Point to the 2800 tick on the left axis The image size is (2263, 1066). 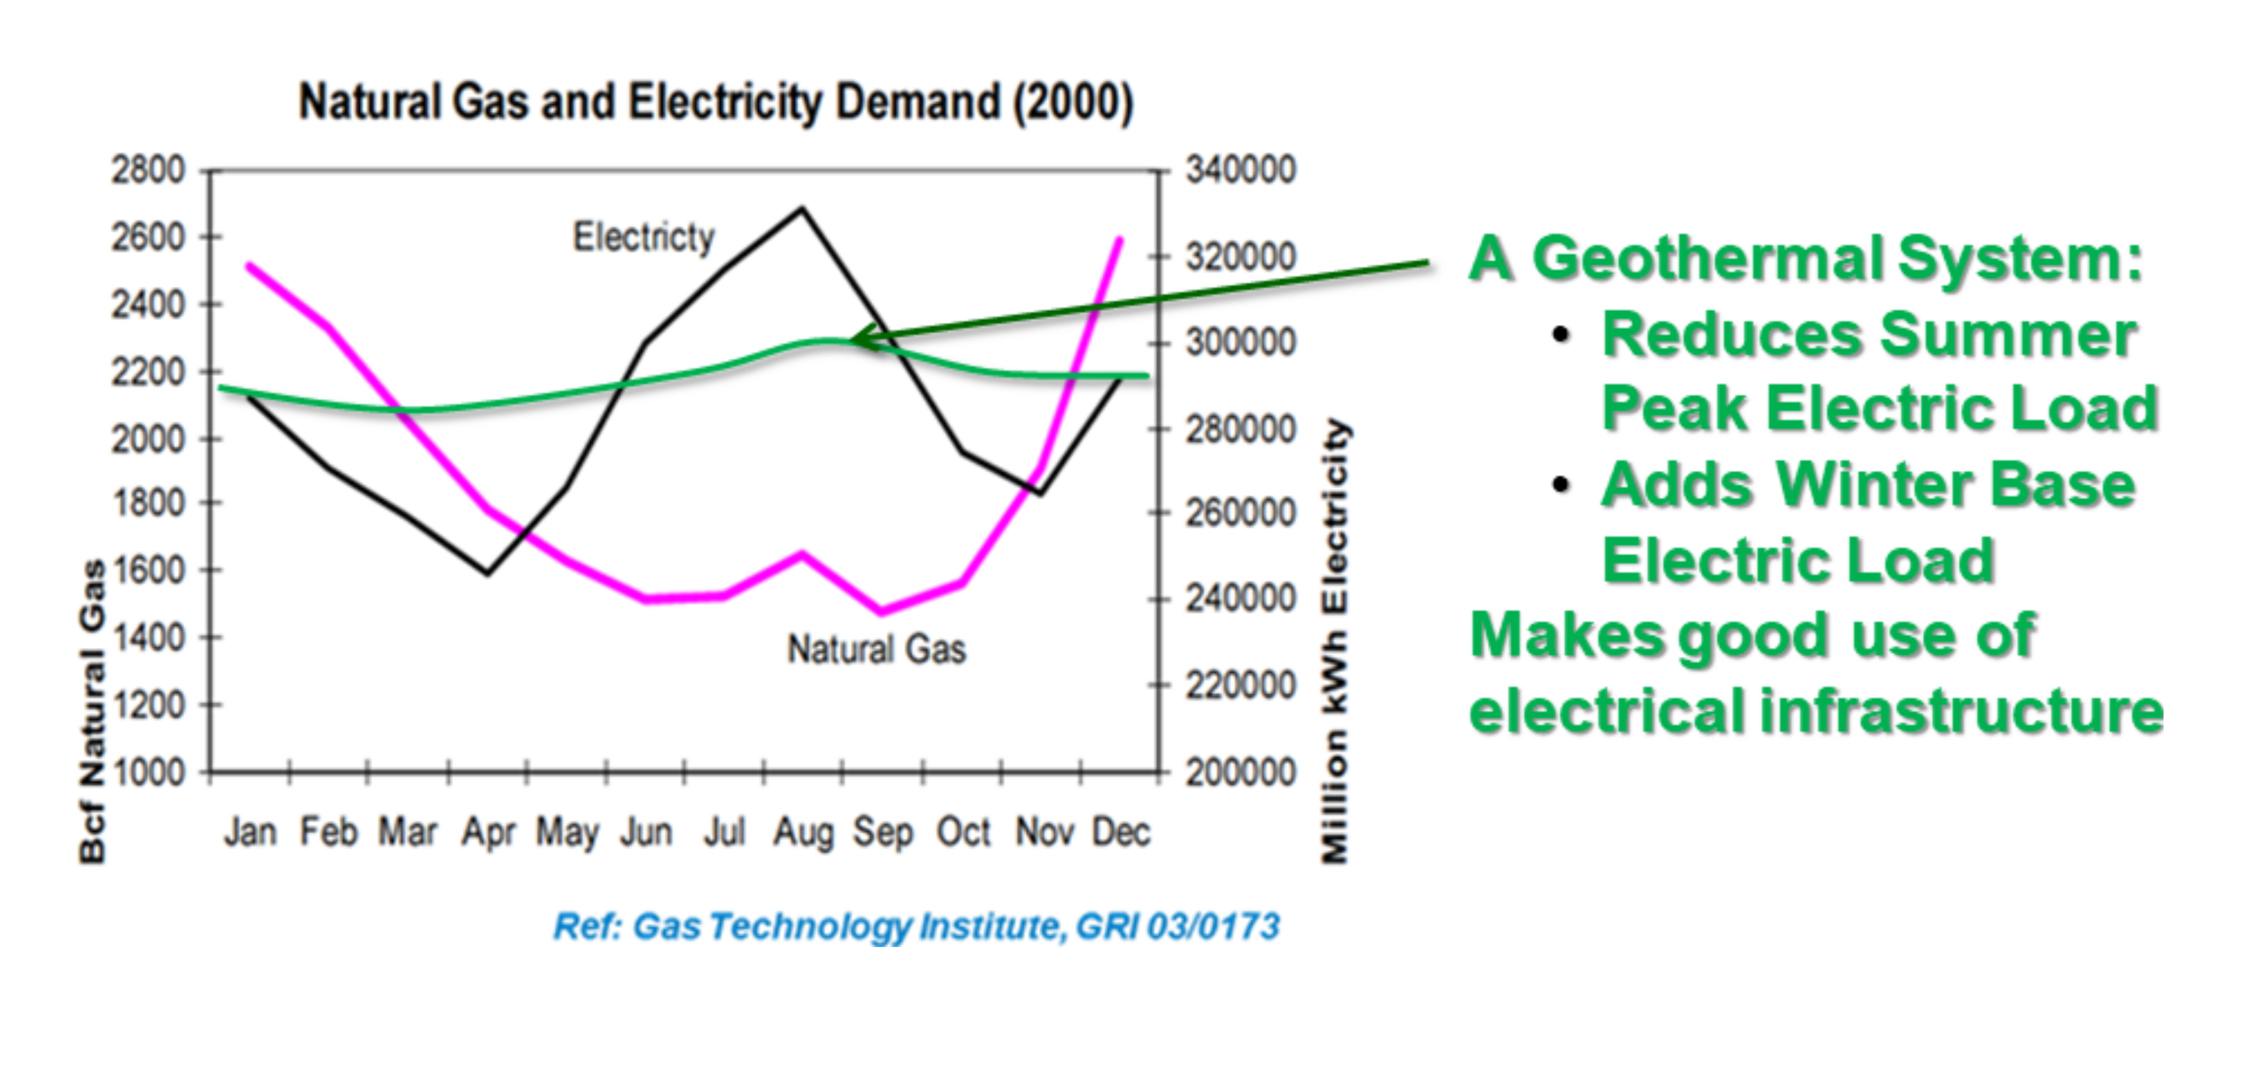[x=148, y=170]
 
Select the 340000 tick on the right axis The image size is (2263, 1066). [x=1240, y=170]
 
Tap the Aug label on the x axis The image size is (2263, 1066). [x=802, y=832]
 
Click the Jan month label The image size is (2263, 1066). [x=250, y=832]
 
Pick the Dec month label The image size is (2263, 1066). [x=1120, y=832]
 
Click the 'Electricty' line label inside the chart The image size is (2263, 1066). [x=644, y=237]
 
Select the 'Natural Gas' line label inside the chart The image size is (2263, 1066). [x=877, y=650]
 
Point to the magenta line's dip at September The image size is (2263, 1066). [x=881, y=610]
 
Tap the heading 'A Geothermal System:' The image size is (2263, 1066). [x=1806, y=259]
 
